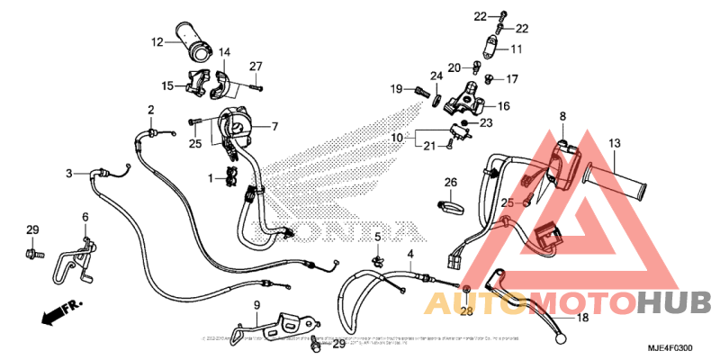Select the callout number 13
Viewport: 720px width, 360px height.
click(x=614, y=143)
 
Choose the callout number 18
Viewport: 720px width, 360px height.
click(x=581, y=318)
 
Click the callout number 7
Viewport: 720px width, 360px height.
click(x=274, y=127)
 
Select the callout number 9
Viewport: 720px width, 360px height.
click(x=256, y=305)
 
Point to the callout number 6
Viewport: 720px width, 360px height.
click(x=85, y=217)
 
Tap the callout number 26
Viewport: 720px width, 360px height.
click(x=451, y=183)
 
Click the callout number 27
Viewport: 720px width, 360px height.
click(x=256, y=67)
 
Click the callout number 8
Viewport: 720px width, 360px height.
click(x=562, y=116)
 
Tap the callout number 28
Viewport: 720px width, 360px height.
click(x=465, y=311)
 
